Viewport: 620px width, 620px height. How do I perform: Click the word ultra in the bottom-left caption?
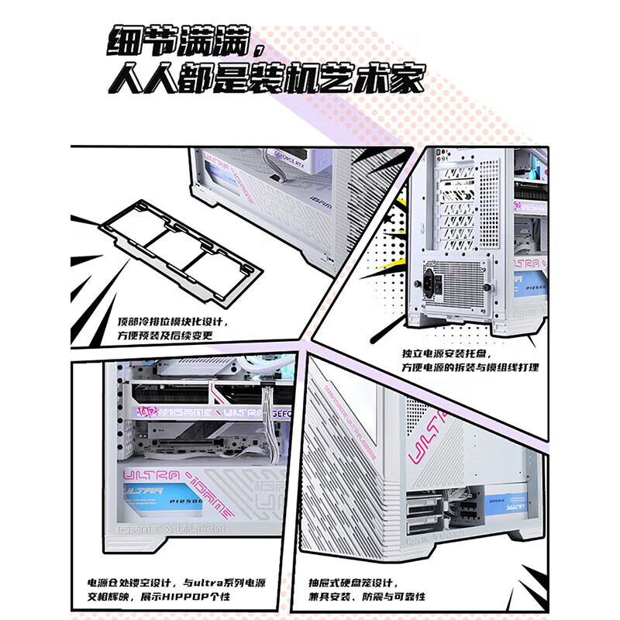[x=212, y=582]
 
